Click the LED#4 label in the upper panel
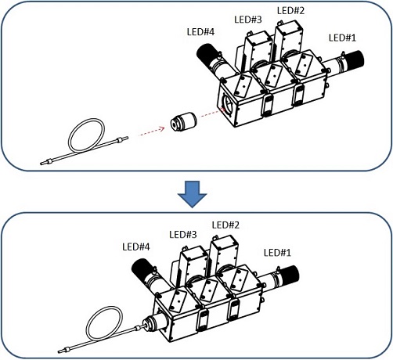click(200, 32)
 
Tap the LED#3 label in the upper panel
click(248, 20)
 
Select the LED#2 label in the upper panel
click(290, 11)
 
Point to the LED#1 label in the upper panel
click(342, 38)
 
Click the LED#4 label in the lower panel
click(136, 247)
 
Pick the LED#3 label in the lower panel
click(183, 234)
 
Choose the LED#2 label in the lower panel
click(225, 225)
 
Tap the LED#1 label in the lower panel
click(277, 253)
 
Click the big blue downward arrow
click(193, 194)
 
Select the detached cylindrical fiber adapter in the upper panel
click(183, 121)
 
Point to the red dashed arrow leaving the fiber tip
click(151, 132)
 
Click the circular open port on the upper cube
click(226, 104)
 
